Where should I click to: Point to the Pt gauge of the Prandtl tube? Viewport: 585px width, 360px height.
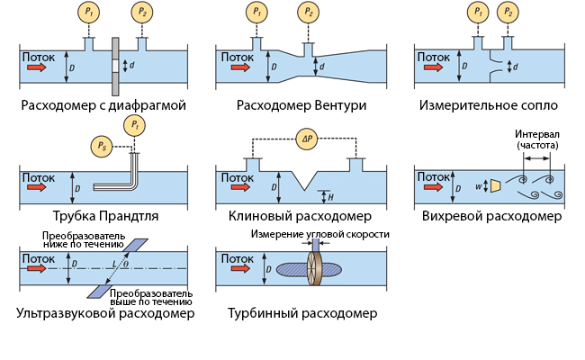coord(134,123)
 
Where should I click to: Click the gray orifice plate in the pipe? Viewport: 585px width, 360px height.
coord(116,66)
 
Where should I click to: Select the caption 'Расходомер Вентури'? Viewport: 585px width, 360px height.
coord(301,105)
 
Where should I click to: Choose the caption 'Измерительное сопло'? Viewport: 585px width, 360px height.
coord(494,105)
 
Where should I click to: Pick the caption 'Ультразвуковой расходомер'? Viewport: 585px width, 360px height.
coord(104,314)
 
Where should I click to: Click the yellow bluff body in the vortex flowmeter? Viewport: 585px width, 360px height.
coord(496,185)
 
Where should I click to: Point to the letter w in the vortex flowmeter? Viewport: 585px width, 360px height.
coord(478,186)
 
